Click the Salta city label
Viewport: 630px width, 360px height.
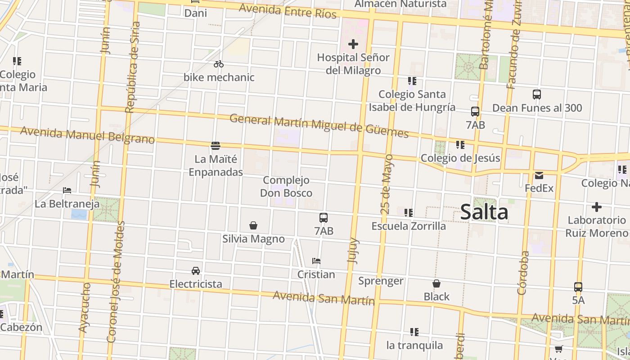point(484,212)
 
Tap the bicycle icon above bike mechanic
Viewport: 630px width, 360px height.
point(219,64)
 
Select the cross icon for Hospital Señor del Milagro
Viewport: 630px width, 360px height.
point(353,44)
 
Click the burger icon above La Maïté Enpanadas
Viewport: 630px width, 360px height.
point(216,145)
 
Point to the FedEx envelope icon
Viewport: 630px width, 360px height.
point(539,175)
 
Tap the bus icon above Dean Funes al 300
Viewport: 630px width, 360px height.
point(536,94)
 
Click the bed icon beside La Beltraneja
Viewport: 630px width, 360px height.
point(67,190)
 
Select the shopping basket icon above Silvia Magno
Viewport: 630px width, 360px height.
point(253,225)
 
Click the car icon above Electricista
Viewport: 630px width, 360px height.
point(196,270)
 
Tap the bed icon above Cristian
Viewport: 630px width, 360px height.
point(316,261)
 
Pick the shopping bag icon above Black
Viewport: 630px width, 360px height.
point(436,283)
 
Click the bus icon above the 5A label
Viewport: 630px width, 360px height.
point(578,287)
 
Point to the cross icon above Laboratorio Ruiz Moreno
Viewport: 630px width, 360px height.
point(596,207)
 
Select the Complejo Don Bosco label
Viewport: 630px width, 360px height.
point(286,187)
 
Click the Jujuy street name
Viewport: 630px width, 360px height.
point(354,250)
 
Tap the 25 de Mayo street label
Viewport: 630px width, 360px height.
point(387,184)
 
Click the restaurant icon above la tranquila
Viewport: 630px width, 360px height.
point(414,332)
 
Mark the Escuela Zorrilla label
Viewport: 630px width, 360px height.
point(409,226)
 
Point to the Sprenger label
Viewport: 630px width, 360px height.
point(381,281)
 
